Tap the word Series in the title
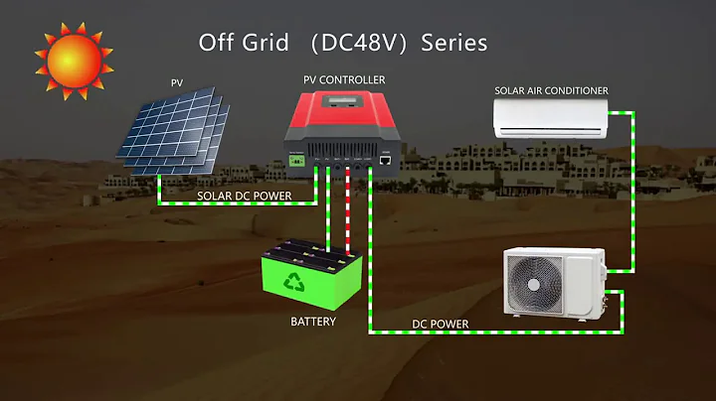click(453, 43)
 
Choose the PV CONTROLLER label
click(344, 79)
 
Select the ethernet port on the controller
click(384, 158)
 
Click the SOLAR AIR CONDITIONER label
click(551, 91)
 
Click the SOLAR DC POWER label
click(244, 196)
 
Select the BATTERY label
click(312, 323)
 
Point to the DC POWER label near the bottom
click(440, 324)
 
